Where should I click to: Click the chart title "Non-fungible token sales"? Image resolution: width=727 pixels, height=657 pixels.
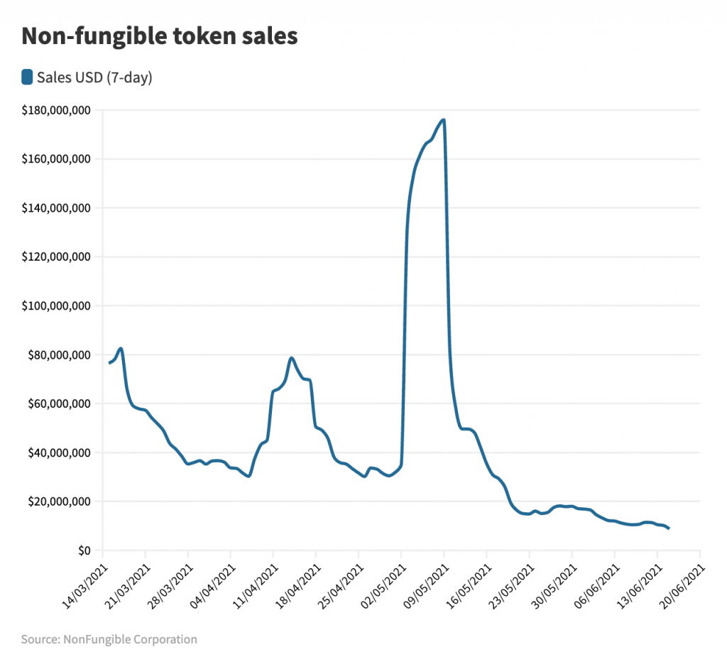coord(159,37)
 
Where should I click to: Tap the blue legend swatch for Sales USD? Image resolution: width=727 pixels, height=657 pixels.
coord(27,77)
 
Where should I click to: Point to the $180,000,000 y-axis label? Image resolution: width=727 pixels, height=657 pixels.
coord(57,110)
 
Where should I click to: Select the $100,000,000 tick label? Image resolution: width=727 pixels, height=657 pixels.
coord(57,306)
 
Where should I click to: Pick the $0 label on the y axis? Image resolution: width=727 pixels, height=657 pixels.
coord(84,550)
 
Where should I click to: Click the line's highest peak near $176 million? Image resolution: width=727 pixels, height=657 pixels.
coord(444,120)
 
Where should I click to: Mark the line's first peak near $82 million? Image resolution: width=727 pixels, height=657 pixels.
coord(121,348)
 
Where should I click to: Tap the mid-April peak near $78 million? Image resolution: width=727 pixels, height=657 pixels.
coord(291,358)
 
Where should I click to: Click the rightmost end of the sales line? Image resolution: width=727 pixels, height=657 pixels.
coord(669,528)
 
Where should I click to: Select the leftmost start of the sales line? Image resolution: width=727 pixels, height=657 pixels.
coord(109,363)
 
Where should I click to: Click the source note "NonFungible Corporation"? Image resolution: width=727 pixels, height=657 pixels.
coord(109,639)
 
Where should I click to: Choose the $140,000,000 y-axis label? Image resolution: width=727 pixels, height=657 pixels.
coord(57,208)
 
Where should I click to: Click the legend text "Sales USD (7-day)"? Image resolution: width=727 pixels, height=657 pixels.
coord(94,77)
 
